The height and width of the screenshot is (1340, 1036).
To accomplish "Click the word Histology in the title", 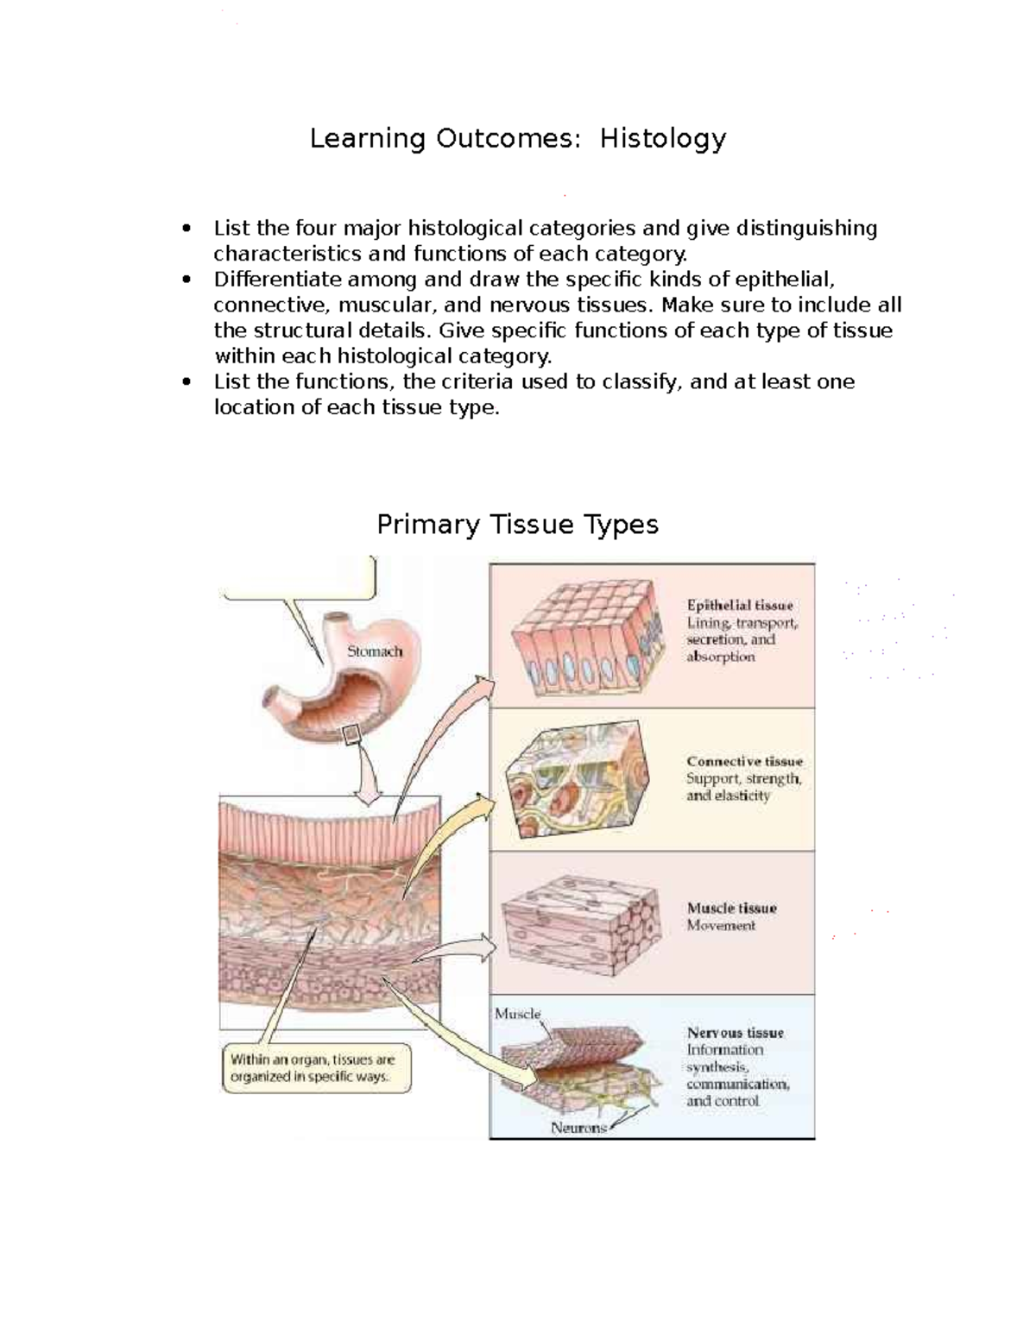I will click(x=663, y=138).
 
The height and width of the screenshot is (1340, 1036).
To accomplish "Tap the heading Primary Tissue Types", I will click(x=517, y=525).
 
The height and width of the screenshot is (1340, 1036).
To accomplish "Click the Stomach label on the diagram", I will click(x=375, y=651).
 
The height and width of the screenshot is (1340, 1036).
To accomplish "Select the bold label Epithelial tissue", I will click(x=740, y=606).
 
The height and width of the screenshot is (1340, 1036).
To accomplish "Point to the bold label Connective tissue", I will click(x=744, y=761).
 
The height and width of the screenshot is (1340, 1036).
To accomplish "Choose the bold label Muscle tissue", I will click(x=732, y=908).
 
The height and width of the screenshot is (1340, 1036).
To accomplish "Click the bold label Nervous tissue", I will click(x=736, y=1033).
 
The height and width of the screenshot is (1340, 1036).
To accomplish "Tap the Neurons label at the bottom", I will click(x=578, y=1128).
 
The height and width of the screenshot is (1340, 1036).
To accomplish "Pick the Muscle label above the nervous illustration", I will click(x=517, y=1014).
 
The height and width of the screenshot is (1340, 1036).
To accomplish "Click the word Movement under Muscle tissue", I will click(x=721, y=926).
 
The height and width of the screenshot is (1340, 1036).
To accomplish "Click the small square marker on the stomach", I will click(x=351, y=735).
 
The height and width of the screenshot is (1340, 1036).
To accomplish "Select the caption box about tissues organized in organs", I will click(x=317, y=1068).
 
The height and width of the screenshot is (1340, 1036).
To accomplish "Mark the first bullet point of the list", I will click(x=186, y=229).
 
